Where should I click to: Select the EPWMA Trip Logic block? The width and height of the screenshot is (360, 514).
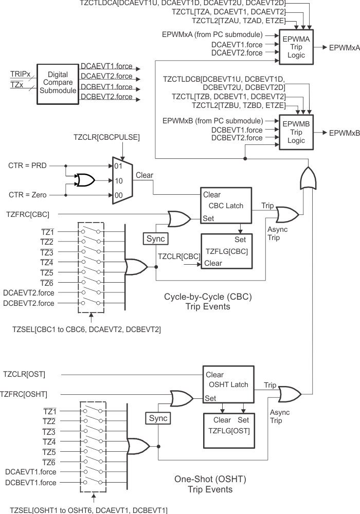297,47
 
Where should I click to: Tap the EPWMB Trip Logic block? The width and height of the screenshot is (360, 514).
297,133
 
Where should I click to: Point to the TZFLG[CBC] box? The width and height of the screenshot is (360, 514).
227,251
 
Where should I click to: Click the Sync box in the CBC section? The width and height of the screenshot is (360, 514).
156,240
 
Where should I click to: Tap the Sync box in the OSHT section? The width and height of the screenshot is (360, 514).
158,418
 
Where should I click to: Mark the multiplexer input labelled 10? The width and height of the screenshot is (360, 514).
118,181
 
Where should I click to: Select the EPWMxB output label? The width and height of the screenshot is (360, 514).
344,133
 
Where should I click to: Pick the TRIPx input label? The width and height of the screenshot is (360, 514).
21,75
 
